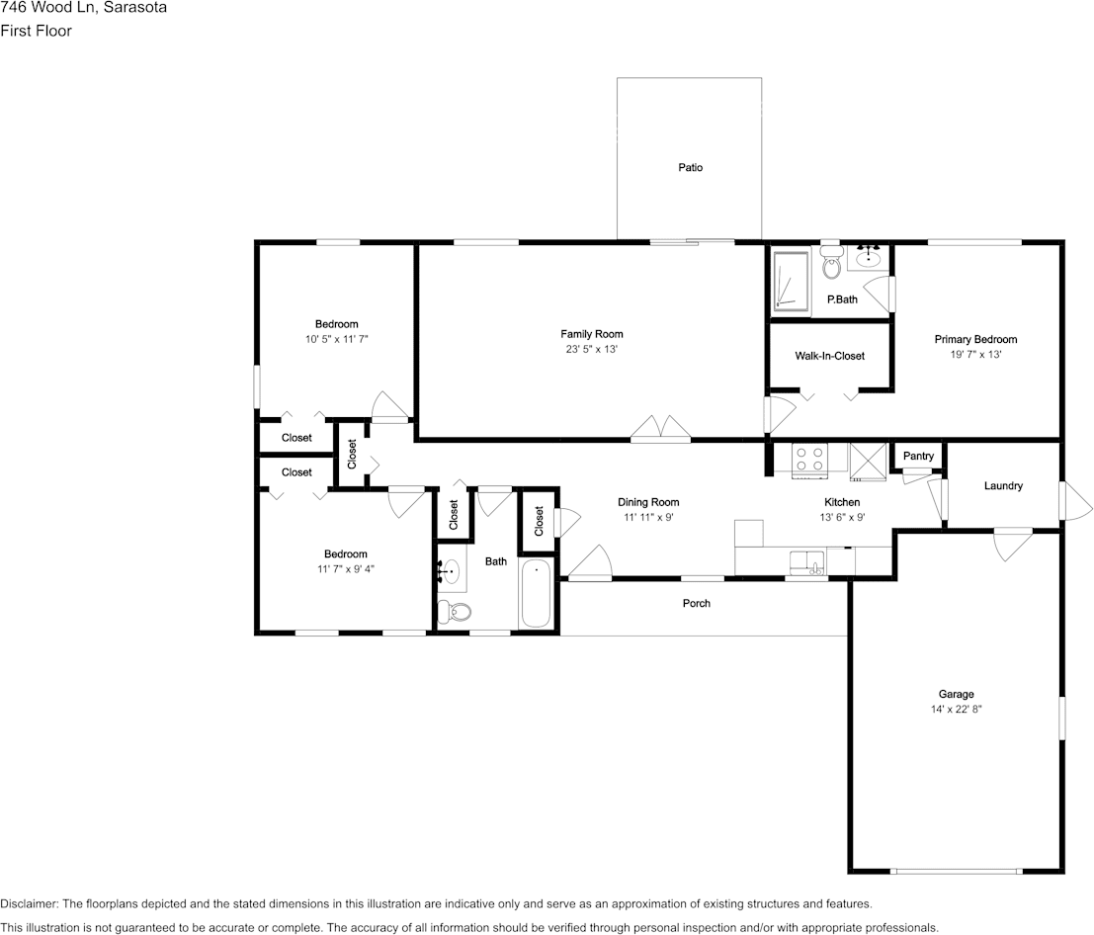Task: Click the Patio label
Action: (x=690, y=168)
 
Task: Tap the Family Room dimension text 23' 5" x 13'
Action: (x=592, y=349)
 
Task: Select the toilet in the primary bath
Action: (x=831, y=265)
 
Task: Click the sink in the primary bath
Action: (x=869, y=259)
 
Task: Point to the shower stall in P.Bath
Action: (x=791, y=282)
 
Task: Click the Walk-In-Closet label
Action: (x=829, y=356)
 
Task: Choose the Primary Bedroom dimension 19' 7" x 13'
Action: (x=975, y=354)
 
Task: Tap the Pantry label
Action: (x=918, y=456)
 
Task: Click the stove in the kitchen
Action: (x=810, y=459)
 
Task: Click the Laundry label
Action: (x=1003, y=486)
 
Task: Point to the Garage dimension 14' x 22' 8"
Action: (x=956, y=710)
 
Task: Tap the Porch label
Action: (x=697, y=603)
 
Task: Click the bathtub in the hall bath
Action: (x=536, y=593)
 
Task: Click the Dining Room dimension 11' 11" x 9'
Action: (x=648, y=517)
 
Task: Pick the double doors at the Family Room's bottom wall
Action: (x=661, y=428)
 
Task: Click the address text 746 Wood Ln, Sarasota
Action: (x=83, y=8)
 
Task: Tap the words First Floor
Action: (x=36, y=31)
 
